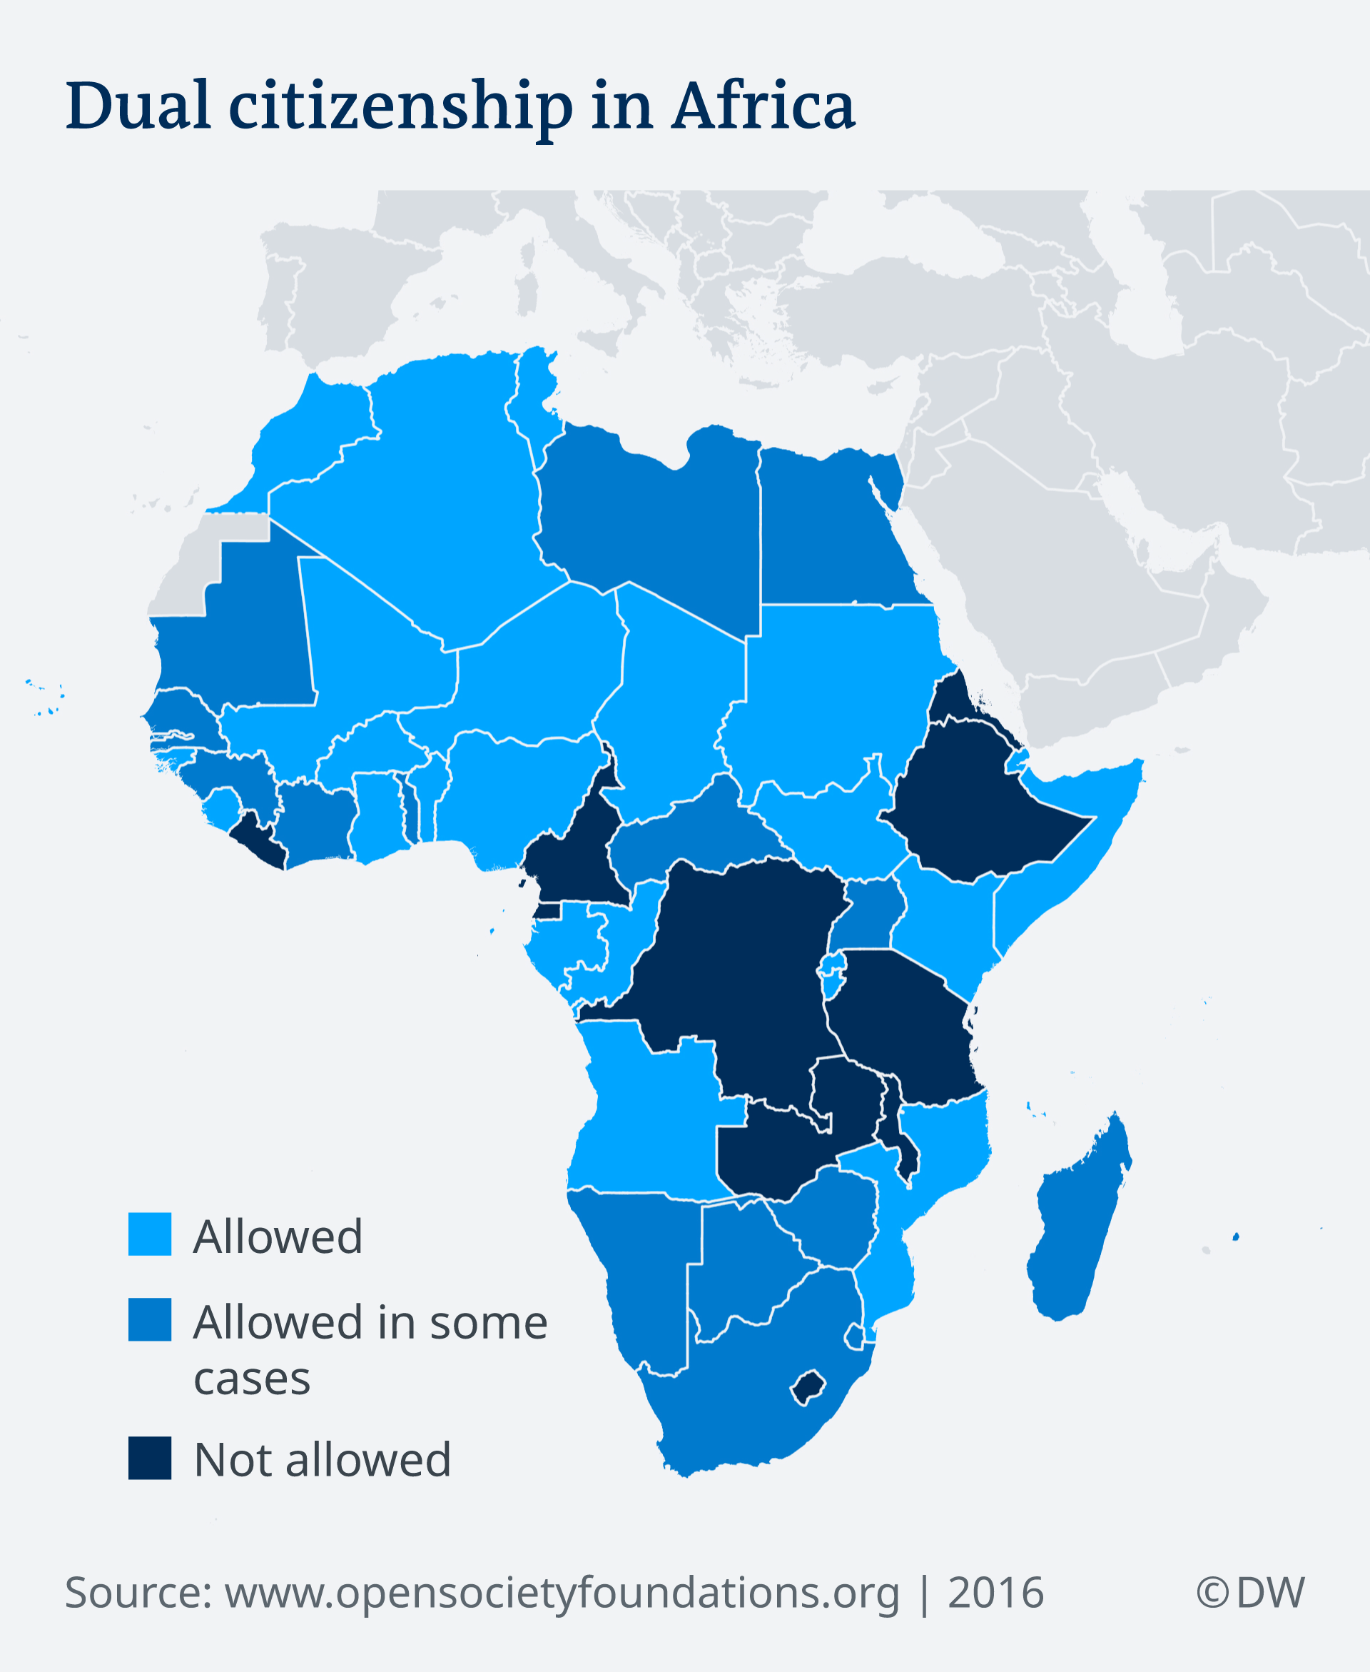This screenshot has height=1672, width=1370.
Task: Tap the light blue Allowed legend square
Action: (149, 1234)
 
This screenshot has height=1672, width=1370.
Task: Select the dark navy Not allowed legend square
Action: (149, 1458)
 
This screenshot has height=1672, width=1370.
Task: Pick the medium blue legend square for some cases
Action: (149, 1319)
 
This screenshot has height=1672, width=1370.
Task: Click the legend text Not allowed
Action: (322, 1460)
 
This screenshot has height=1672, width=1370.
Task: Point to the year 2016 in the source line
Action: (995, 1592)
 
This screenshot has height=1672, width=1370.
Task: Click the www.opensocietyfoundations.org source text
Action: (561, 1592)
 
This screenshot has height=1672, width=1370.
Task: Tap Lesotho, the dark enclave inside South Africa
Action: (808, 1387)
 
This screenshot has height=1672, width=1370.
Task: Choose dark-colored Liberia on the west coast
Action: (260, 842)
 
